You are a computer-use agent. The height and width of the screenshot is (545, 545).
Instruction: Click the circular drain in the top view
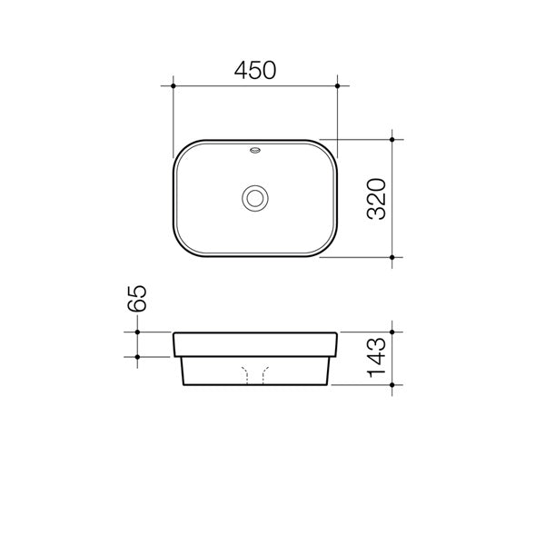click(255, 197)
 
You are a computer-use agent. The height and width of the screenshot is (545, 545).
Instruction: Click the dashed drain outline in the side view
click(255, 373)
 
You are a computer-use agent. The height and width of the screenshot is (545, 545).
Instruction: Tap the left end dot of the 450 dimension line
click(173, 86)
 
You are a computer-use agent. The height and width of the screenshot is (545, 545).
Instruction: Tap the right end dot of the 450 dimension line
click(338, 86)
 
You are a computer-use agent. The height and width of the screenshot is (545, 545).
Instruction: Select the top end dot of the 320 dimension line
click(391, 140)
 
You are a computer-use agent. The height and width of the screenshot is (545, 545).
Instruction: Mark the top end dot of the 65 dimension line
click(137, 333)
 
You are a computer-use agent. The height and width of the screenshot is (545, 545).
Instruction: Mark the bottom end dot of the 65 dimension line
click(137, 356)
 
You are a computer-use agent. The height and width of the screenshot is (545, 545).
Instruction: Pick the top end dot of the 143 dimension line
click(391, 333)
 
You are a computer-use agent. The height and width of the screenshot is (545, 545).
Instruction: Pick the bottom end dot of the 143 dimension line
click(391, 385)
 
